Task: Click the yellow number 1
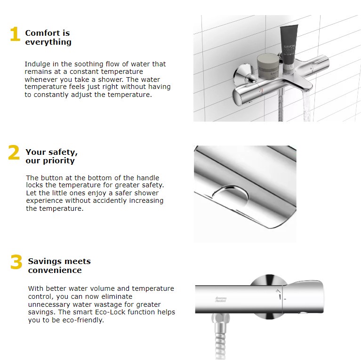[x=15, y=35]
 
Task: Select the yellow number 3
[x=16, y=262]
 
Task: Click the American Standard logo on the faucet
[x=220, y=300]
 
